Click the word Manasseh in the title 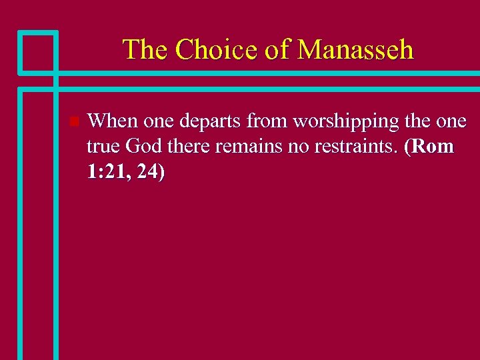click(x=355, y=49)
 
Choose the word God click(x=143, y=147)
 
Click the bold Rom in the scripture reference click(x=433, y=147)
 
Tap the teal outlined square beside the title click(x=37, y=51)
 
